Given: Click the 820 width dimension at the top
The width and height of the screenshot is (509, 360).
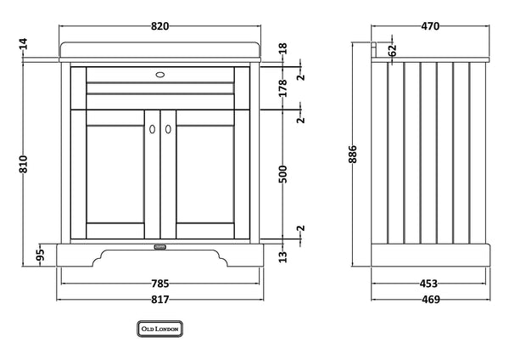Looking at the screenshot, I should [x=160, y=25].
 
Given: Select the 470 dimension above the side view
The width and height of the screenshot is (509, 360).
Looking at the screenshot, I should [x=431, y=26].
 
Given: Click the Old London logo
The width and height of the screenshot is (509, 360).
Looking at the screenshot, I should [x=160, y=327].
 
